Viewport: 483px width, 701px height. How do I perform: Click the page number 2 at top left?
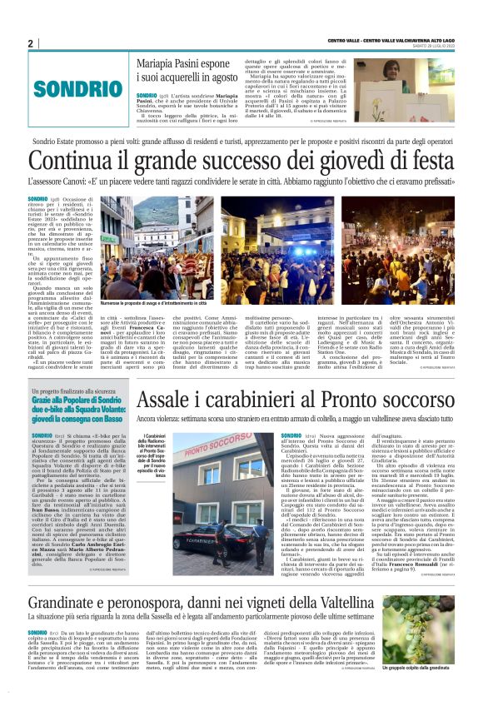coord(31,43)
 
